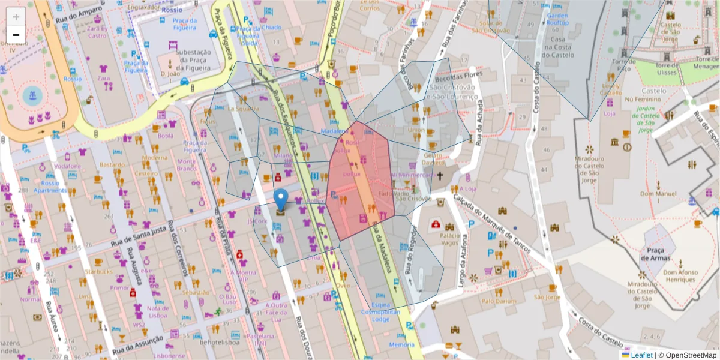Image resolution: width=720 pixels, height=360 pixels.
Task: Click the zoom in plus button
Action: [16, 16]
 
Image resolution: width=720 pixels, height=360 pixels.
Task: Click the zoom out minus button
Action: [16, 35]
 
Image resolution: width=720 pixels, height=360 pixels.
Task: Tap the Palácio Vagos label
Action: [454, 239]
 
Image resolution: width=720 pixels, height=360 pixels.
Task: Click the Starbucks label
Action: [98, 271]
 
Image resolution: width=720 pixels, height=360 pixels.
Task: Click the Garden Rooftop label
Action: [557, 19]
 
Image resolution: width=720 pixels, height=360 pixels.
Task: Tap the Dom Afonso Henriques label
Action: [680, 275]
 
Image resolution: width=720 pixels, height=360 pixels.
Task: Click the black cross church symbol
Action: [440, 176]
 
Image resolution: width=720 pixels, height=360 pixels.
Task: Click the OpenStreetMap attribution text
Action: [690, 355]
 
